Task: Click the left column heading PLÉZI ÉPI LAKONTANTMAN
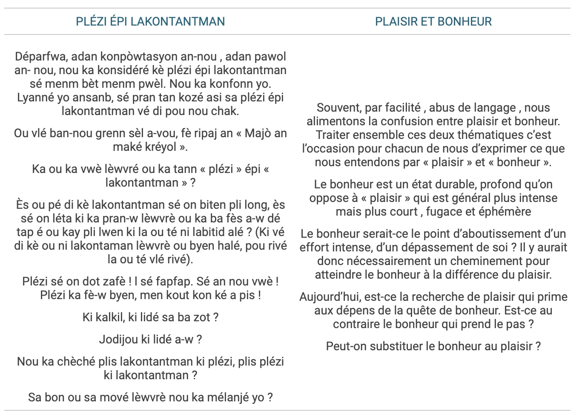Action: [x=150, y=21]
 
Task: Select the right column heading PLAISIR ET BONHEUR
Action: [x=433, y=21]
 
